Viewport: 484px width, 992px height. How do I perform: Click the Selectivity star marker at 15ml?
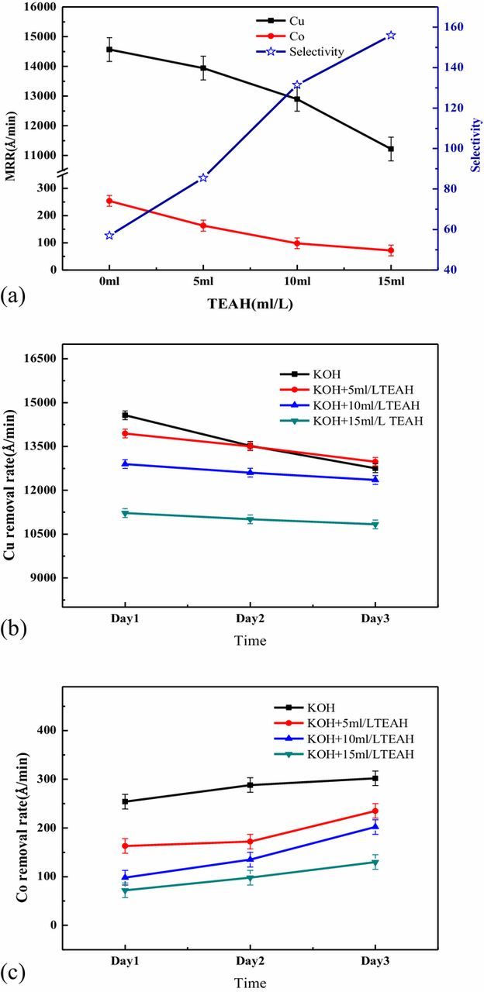391,36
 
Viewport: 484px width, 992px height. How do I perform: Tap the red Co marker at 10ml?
297,243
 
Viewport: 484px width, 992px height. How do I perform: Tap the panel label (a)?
14,295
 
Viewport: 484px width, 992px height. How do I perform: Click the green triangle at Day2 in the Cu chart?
250,519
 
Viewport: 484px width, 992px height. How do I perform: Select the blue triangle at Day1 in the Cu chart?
125,464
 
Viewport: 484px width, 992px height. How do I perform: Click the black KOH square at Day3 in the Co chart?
375,778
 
